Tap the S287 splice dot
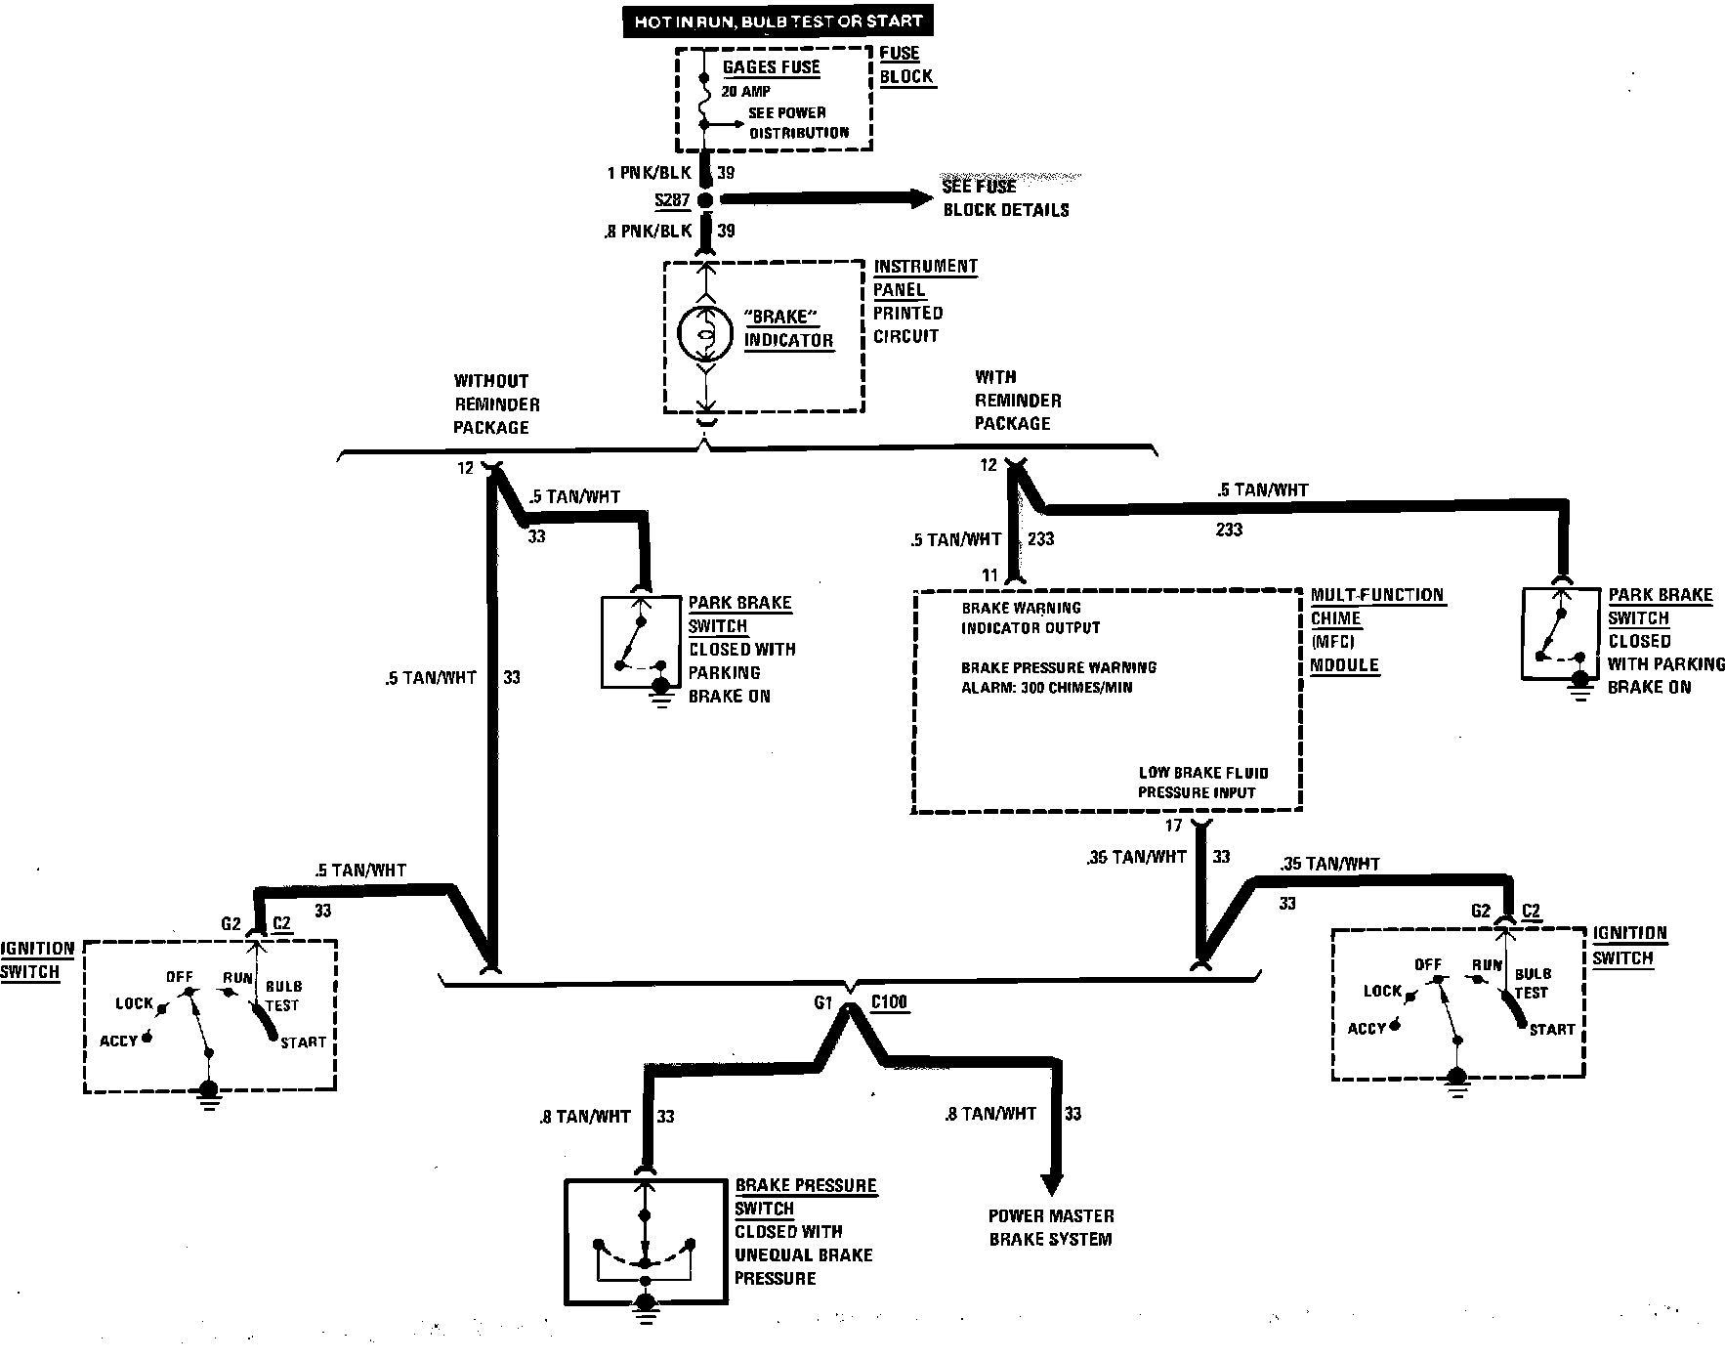click(x=704, y=200)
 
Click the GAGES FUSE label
click(x=771, y=67)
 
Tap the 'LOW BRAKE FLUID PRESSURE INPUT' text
click(x=1202, y=782)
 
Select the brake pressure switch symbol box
click(x=646, y=1241)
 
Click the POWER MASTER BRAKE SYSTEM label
click(x=1050, y=1227)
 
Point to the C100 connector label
click(x=888, y=1002)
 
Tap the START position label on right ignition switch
click(x=1551, y=1030)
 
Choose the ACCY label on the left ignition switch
click(x=119, y=1041)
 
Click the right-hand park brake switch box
click(x=1562, y=633)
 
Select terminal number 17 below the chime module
click(x=1173, y=827)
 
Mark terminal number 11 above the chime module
click(x=990, y=575)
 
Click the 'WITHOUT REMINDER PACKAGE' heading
click(x=496, y=404)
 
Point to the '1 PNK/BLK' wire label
click(x=648, y=173)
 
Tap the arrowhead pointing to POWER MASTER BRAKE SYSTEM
click(x=1051, y=1183)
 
